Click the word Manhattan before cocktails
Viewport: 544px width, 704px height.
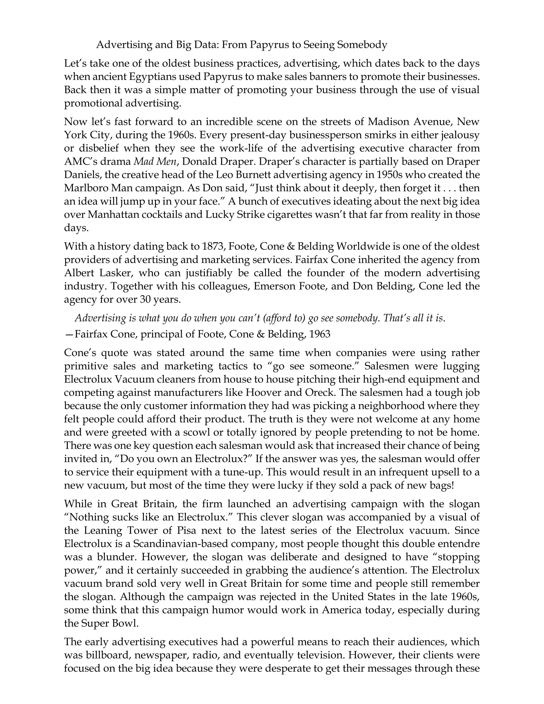tap(111, 215)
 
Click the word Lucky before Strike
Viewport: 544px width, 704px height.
tap(219, 215)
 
